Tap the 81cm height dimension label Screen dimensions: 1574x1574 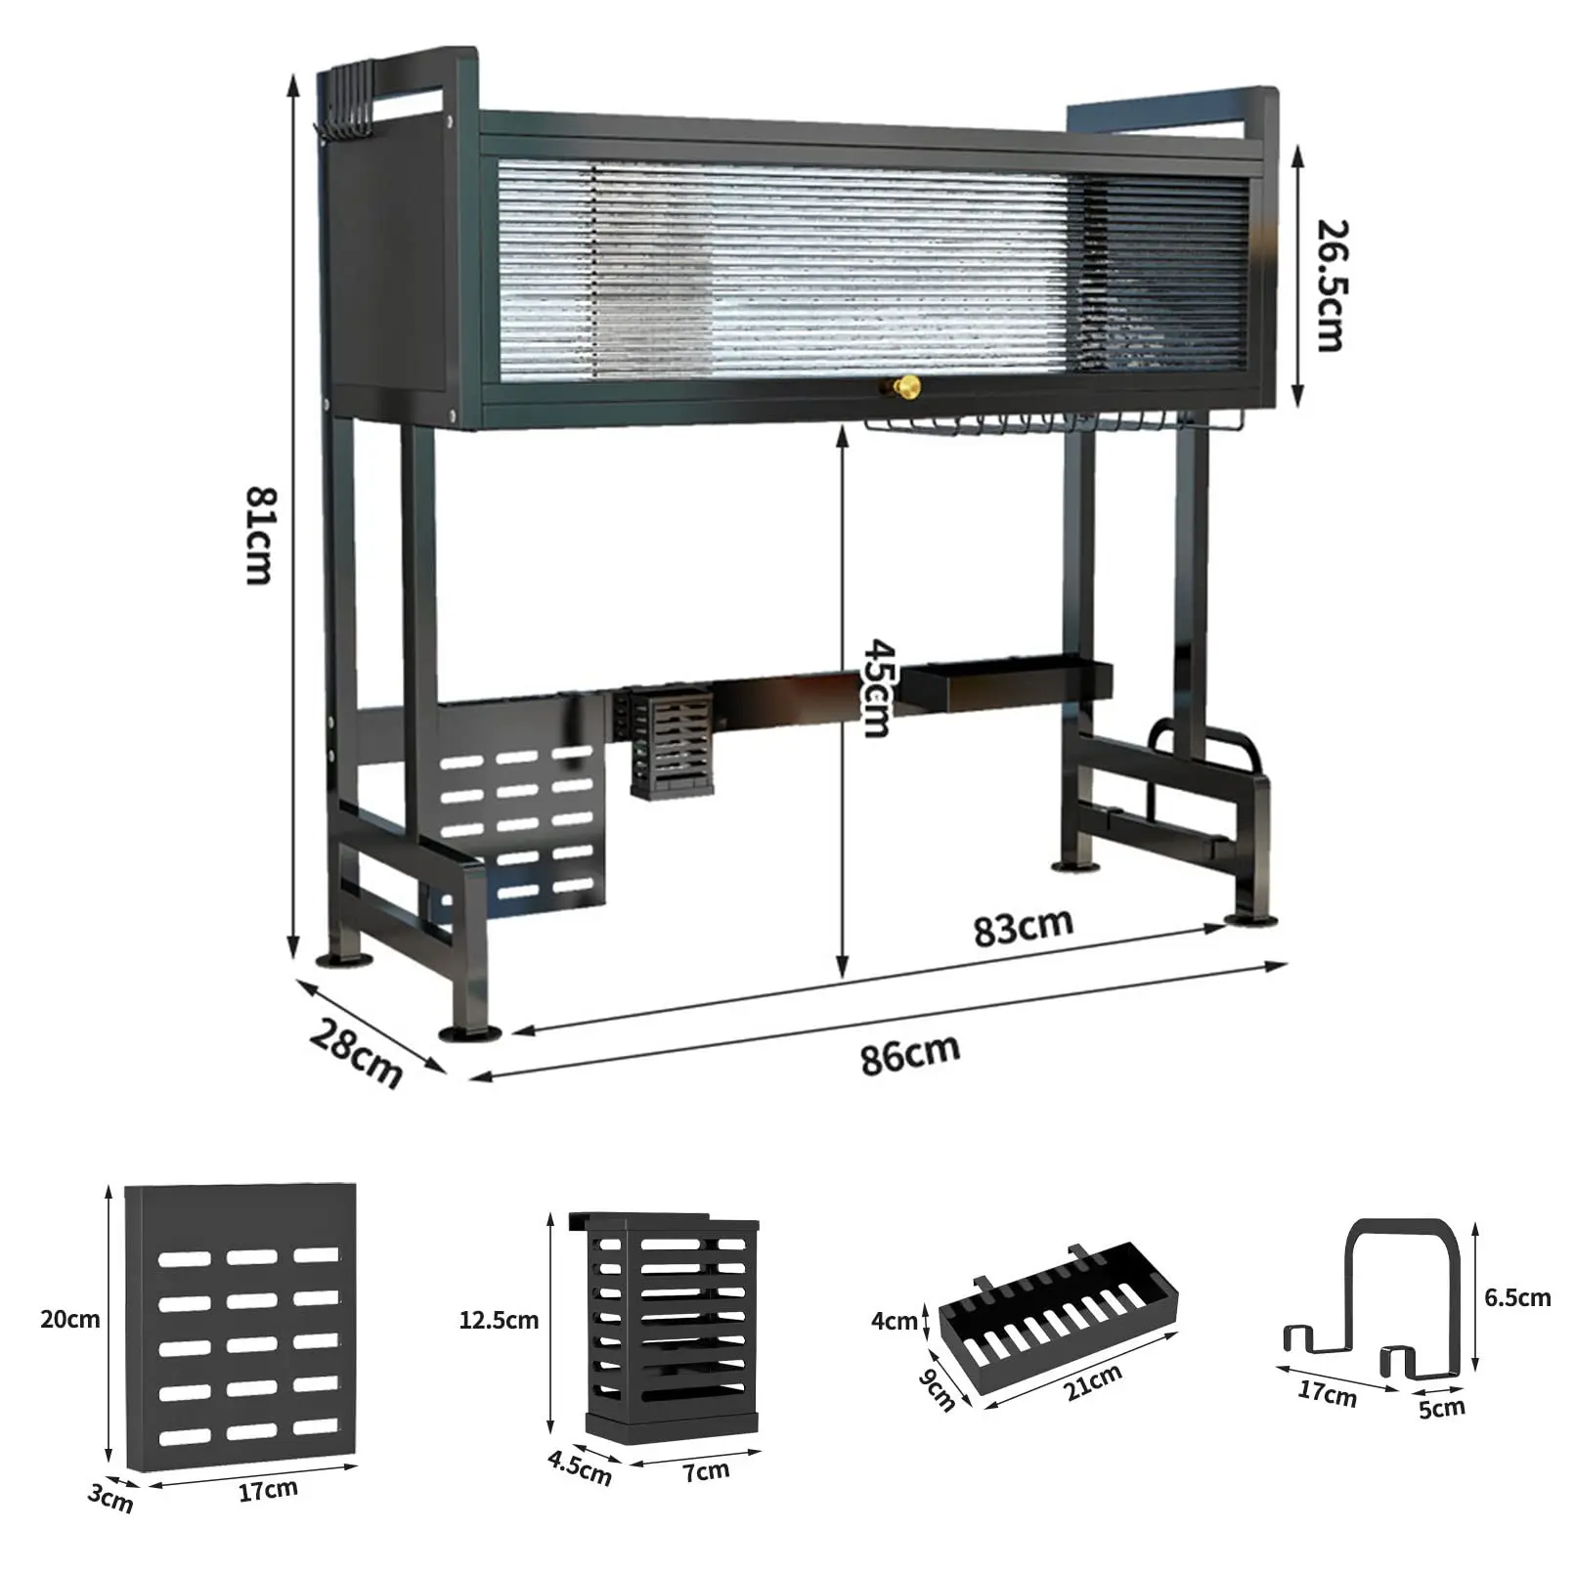coord(260,537)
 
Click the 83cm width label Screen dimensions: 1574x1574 coord(1023,927)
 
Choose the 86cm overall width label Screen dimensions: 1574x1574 coord(910,1054)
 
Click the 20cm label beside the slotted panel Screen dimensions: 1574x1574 coord(70,1319)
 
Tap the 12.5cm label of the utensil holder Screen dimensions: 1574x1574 coord(499,1320)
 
